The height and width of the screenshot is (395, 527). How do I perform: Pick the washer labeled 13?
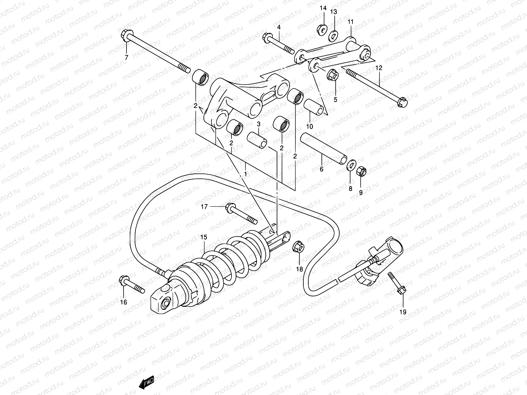coord(334,34)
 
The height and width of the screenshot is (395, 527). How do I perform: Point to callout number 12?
coord(379,68)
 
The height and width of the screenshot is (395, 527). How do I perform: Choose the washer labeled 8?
coord(351,165)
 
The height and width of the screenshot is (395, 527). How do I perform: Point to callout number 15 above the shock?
coord(204,237)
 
